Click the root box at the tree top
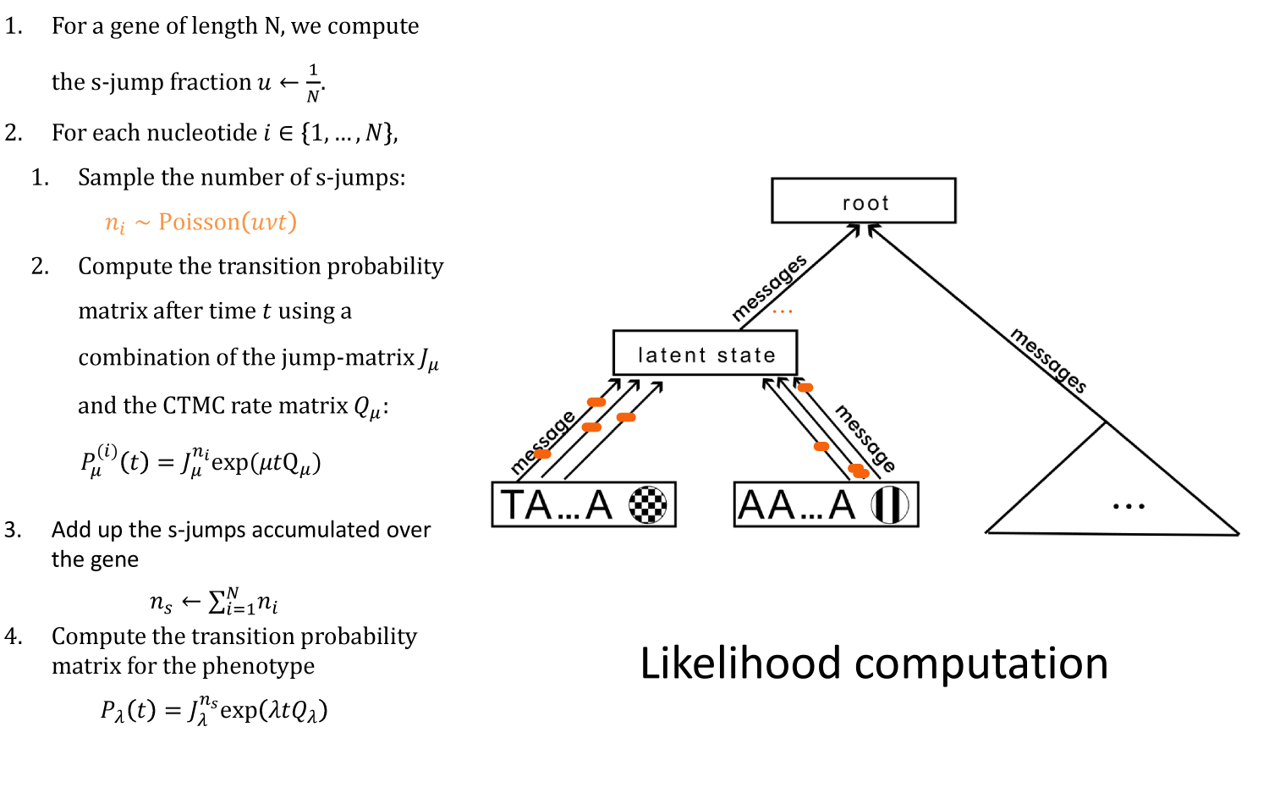863,201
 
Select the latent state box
705,353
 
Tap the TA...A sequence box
584,505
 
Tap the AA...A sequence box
826,505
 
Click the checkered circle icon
647,505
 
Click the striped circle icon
890,505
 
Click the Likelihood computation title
874,663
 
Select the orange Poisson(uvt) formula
201,223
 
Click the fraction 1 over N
313,82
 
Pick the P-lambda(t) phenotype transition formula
213,710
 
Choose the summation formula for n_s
214,602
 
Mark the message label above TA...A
543,442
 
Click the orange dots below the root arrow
783,311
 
